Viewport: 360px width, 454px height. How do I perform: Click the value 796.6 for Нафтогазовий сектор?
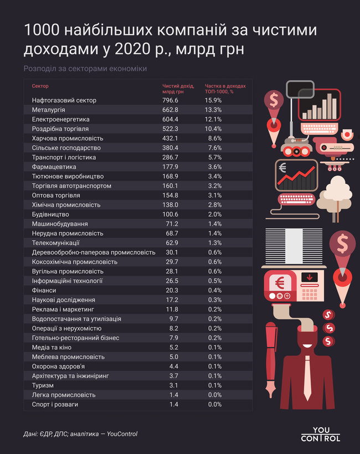[x=170, y=100]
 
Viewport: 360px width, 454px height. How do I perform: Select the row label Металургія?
[x=48, y=110]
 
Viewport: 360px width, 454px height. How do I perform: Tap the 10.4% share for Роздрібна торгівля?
[x=213, y=129]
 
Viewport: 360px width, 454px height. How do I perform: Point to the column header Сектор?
[x=40, y=86]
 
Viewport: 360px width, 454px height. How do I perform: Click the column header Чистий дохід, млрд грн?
[x=178, y=89]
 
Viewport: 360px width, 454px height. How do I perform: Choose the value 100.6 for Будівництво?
[x=170, y=215]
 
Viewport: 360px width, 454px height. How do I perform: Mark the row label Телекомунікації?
[x=56, y=243]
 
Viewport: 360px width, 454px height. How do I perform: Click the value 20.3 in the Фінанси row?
[x=172, y=290]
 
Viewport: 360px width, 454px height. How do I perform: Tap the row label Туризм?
[x=43, y=385]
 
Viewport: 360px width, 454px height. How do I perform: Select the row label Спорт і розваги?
[x=55, y=404]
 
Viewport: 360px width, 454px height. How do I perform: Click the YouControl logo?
[x=321, y=434]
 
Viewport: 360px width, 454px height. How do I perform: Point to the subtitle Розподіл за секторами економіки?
[x=85, y=69]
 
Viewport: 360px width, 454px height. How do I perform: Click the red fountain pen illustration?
[x=271, y=359]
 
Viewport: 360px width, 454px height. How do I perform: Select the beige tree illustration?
[x=335, y=197]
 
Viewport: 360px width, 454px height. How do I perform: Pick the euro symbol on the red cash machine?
[x=280, y=283]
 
